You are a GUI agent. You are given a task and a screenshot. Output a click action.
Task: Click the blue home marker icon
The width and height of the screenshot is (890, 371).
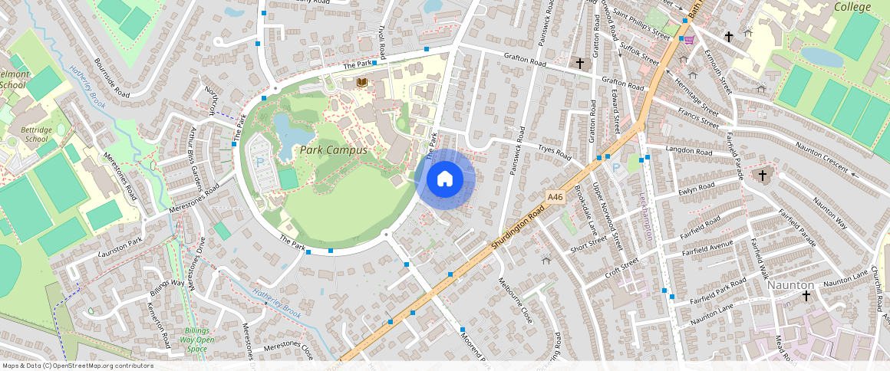445,179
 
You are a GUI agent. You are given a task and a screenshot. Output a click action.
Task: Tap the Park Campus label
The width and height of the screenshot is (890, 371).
333,150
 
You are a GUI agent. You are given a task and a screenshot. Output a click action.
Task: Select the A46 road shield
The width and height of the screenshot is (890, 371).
555,198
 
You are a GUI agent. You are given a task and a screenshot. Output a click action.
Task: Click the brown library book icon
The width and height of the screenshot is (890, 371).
361,82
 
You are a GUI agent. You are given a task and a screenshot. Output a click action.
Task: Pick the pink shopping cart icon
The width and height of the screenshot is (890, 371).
689,40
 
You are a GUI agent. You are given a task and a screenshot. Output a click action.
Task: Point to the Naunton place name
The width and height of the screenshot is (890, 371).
790,284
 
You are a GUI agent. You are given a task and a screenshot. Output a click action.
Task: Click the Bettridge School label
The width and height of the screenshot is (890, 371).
36,134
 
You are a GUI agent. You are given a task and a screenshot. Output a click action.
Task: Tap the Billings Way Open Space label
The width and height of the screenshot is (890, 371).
196,340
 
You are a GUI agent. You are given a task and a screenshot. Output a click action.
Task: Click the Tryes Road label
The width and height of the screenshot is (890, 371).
555,153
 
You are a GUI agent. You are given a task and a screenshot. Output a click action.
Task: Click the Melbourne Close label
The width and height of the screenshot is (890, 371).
516,300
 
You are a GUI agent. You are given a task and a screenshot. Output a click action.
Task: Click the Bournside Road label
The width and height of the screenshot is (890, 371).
111,76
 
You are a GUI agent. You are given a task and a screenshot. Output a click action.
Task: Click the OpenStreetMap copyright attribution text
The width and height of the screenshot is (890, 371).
77,366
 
